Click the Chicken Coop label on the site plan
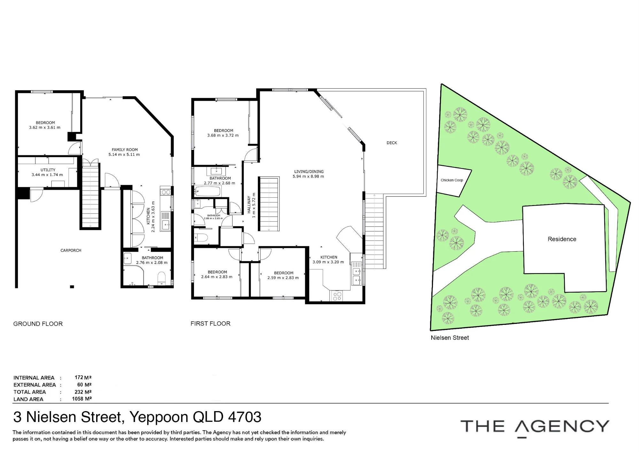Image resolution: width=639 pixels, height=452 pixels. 452,180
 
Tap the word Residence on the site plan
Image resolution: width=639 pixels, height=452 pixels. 562,239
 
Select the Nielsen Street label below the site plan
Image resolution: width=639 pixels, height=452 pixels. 450,338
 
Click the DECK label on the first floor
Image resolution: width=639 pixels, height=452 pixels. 392,143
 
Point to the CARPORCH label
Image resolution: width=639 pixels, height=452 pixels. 71,250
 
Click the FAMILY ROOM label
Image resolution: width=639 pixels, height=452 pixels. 125,149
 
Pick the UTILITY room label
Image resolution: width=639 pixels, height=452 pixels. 48,170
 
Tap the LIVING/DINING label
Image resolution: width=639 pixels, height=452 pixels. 309,172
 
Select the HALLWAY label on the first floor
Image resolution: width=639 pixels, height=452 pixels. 249,205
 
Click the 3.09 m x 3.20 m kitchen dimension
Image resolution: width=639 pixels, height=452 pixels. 328,262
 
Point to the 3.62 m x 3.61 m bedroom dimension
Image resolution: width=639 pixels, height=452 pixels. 45,127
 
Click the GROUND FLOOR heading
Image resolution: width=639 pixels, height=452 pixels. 38,324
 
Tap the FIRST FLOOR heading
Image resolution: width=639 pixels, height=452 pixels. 211,324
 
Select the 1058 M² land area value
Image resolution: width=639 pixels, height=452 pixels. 82,399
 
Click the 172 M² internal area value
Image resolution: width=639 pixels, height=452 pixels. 83,378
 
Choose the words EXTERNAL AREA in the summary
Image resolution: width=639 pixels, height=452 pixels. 35,385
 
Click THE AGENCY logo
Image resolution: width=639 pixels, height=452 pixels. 535,427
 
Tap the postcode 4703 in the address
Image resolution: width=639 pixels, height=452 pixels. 245,417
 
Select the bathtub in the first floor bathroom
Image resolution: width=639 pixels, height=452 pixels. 208,192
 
